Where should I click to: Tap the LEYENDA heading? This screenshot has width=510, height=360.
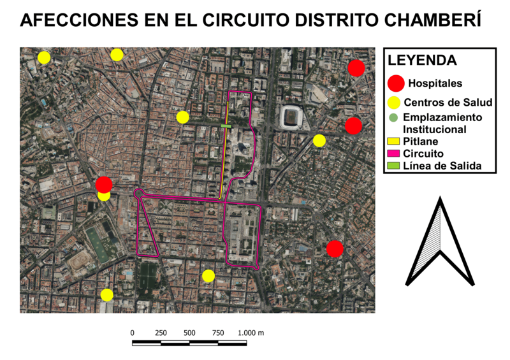pyautogui.click(x=423, y=61)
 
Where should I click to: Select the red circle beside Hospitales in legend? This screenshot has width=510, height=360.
pyautogui.click(x=396, y=82)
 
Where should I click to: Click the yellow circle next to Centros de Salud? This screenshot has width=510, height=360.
pyautogui.click(x=395, y=103)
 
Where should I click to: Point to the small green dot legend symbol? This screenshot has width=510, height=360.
pyautogui.click(x=393, y=117)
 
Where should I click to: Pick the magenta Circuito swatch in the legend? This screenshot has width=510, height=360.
pyautogui.click(x=393, y=154)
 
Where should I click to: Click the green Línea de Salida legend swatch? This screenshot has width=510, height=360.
pyautogui.click(x=393, y=166)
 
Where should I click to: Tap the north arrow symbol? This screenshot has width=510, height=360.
pyautogui.click(x=440, y=241)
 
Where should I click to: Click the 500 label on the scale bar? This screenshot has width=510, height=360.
pyautogui.click(x=189, y=333)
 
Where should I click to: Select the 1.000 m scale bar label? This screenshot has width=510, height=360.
pyautogui.click(x=251, y=333)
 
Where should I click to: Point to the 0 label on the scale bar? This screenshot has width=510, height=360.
pyautogui.click(x=133, y=333)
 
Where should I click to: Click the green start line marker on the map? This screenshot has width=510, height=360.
pyautogui.click(x=226, y=126)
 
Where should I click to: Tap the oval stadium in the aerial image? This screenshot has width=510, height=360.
pyautogui.click(x=291, y=117)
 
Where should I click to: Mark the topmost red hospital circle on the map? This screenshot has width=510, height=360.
pyautogui.click(x=356, y=68)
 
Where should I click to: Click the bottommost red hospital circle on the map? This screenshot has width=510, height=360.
pyautogui.click(x=335, y=248)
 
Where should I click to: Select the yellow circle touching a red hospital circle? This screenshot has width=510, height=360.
pyautogui.click(x=104, y=195)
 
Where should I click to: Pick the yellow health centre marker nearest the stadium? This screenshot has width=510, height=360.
pyautogui.click(x=319, y=140)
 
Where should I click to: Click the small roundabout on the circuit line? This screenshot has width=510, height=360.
pyautogui.click(x=138, y=192)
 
